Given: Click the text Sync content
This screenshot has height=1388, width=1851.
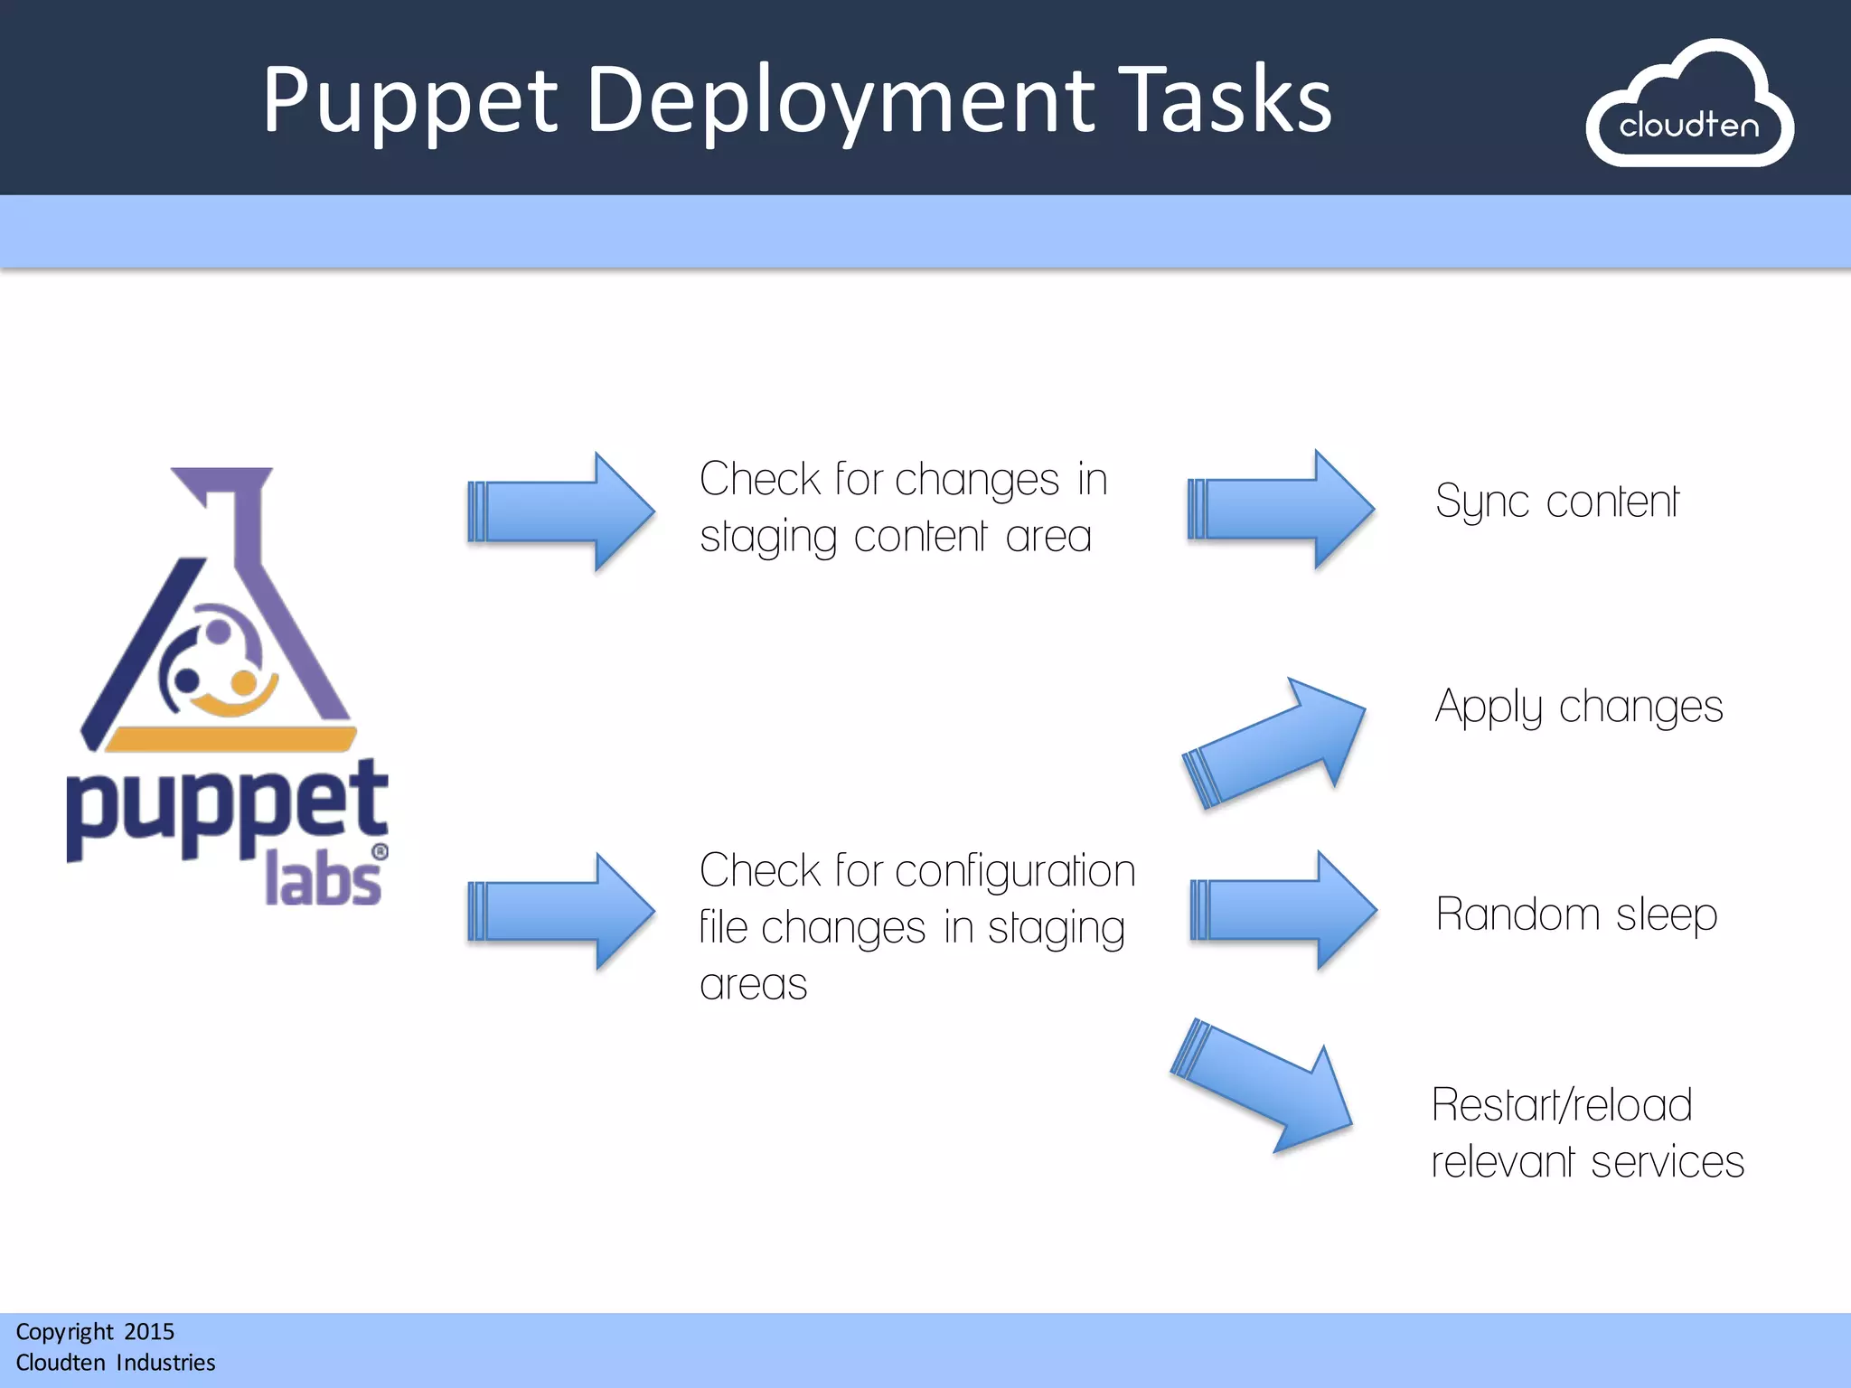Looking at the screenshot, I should coord(1556,502).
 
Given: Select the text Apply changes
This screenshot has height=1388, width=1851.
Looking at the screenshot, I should coord(1578,707).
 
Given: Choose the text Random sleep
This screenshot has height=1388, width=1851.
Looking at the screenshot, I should coord(1576,914).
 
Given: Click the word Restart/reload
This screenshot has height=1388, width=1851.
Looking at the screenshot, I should coord(1561,1105).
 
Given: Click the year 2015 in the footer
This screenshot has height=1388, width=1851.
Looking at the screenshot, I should coord(149,1331).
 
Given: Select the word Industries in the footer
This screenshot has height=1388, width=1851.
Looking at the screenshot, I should coord(165,1362).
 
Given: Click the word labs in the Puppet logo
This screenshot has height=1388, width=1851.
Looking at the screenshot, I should coord(323,882).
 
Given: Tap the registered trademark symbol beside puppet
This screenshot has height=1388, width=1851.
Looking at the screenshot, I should coord(381,851).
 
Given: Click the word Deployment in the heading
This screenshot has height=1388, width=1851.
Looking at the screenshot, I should coord(841,101).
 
